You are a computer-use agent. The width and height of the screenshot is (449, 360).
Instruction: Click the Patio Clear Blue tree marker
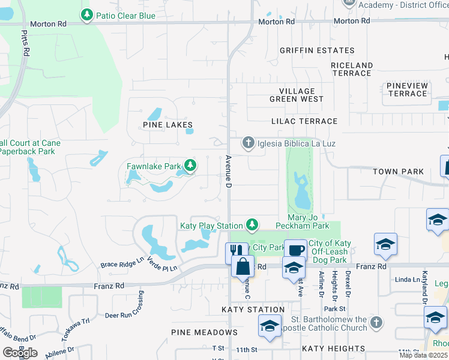[x=87, y=14]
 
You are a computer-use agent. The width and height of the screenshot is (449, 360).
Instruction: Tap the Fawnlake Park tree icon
[x=190, y=165]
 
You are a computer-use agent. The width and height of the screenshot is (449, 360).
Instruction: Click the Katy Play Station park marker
[x=253, y=225]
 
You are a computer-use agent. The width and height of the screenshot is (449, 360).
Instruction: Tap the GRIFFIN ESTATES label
[x=317, y=51]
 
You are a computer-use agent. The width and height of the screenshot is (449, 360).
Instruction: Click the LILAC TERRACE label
[x=304, y=121]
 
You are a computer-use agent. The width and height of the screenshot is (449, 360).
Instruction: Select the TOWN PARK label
[x=398, y=172]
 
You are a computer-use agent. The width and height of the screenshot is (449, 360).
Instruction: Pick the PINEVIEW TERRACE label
[x=408, y=90]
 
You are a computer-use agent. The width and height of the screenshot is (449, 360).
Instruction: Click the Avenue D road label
[x=229, y=170]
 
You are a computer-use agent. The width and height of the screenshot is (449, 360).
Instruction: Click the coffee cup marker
[x=295, y=250]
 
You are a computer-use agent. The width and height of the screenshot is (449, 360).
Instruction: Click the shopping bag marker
[x=243, y=268]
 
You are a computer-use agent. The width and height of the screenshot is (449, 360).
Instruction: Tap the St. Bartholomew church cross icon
[x=376, y=322]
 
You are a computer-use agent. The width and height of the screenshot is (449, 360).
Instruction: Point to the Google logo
[x=20, y=353]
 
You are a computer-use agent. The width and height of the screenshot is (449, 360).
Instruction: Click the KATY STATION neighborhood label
[x=253, y=310]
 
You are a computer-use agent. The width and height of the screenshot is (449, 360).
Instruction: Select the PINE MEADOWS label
[x=204, y=332]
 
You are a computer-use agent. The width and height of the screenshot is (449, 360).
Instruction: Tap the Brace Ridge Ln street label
[x=122, y=264]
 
